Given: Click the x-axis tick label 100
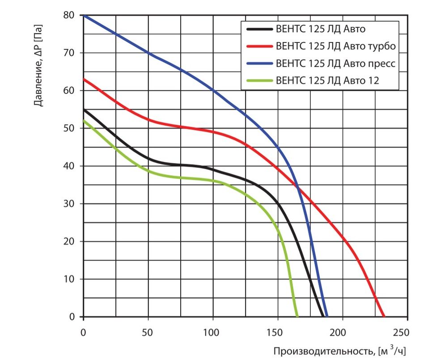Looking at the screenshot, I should (213, 333).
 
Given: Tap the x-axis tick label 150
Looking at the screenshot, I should (278, 333).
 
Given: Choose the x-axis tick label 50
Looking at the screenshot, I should (148, 333).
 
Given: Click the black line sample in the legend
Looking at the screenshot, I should (259, 30).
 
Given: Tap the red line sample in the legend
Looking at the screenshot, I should (259, 46).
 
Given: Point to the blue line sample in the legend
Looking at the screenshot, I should (259, 64).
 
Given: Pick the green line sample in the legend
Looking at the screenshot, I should (259, 81).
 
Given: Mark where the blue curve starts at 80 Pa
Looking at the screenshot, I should (84, 15).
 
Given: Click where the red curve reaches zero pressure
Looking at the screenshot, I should (384, 317).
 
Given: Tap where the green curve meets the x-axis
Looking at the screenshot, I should (297, 317).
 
